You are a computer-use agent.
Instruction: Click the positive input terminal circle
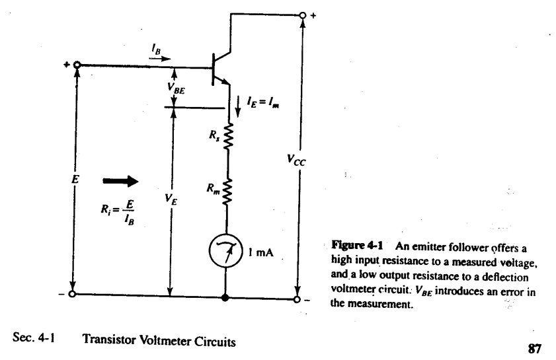tap(77, 65)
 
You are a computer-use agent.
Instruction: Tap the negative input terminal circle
tap(73, 295)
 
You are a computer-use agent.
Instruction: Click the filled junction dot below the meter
tap(227, 298)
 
